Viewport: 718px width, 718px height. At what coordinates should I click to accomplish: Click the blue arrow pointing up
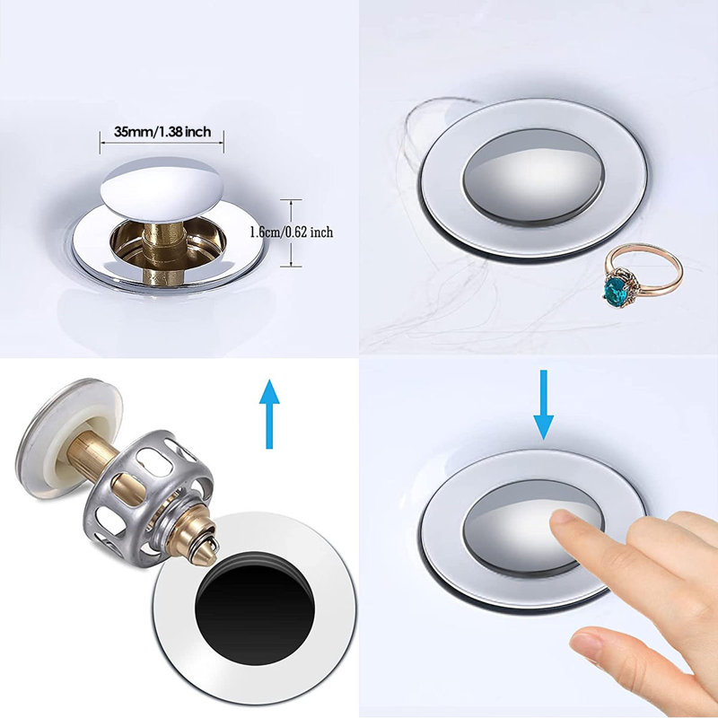[x=269, y=414]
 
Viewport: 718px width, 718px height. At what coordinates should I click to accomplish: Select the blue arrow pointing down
[x=544, y=405]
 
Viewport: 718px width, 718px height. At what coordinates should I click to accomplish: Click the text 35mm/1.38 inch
[x=162, y=132]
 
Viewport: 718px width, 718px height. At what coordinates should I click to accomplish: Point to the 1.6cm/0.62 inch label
[x=292, y=232]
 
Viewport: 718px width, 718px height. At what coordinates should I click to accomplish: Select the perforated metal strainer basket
[x=148, y=489]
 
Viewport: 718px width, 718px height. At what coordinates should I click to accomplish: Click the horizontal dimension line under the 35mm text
[x=162, y=143]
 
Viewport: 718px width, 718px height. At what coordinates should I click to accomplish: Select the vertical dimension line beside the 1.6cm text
[x=291, y=232]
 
